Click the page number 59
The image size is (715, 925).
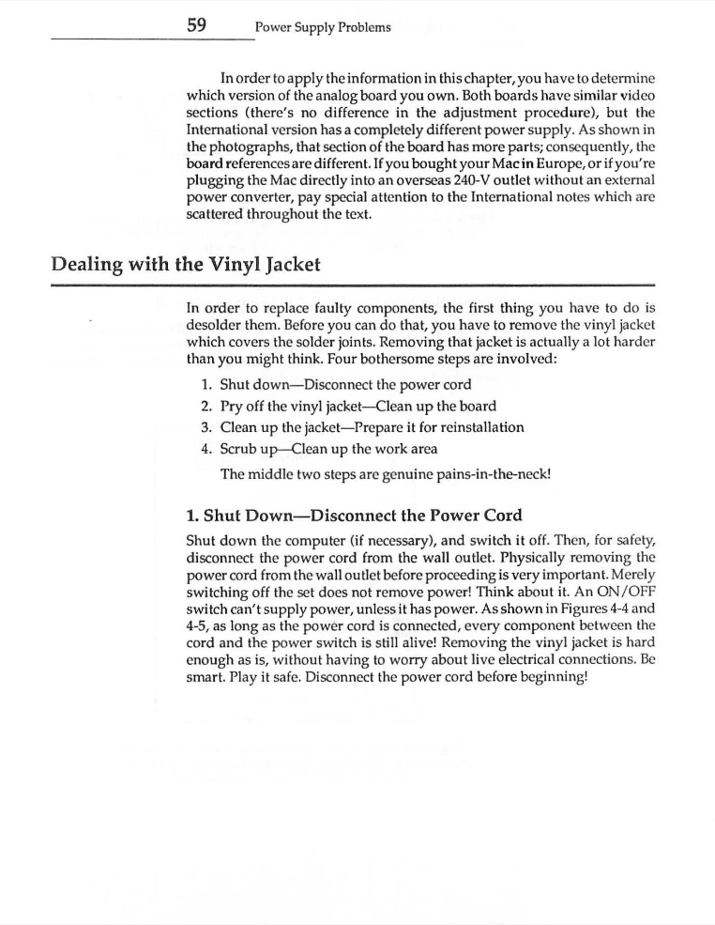click(196, 26)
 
